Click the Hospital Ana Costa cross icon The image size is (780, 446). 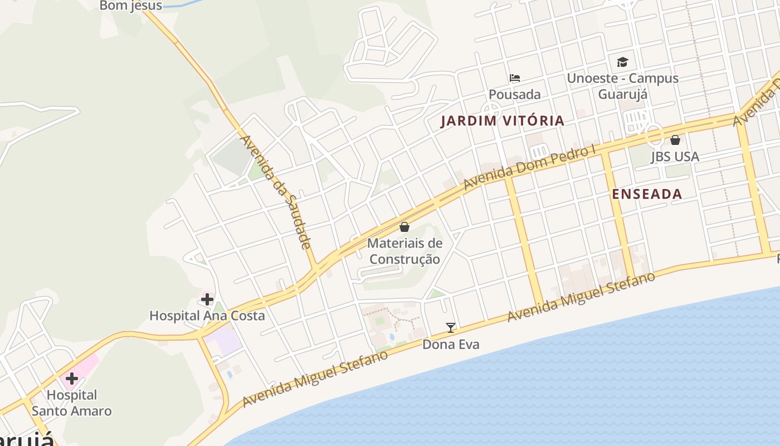[x=207, y=299]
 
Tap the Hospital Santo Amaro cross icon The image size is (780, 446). [x=71, y=379]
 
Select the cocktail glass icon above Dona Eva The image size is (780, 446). [x=451, y=328]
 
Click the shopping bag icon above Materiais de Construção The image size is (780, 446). [x=404, y=227]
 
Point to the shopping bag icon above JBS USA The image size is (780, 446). [x=675, y=140]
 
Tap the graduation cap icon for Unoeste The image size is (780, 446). [x=622, y=62]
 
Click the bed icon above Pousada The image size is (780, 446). [x=515, y=78]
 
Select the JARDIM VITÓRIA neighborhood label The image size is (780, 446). [x=503, y=120]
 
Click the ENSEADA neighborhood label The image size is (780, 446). [x=647, y=194]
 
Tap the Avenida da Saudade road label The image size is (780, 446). [x=275, y=192]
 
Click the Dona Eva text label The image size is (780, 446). [x=451, y=345]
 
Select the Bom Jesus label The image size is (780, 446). [x=131, y=6]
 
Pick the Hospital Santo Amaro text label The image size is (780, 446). [x=71, y=403]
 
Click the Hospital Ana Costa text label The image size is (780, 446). [x=207, y=316]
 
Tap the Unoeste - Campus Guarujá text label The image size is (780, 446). [x=622, y=86]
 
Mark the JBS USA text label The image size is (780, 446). [x=675, y=157]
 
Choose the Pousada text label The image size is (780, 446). [x=515, y=94]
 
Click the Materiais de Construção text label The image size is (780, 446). [x=405, y=251]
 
